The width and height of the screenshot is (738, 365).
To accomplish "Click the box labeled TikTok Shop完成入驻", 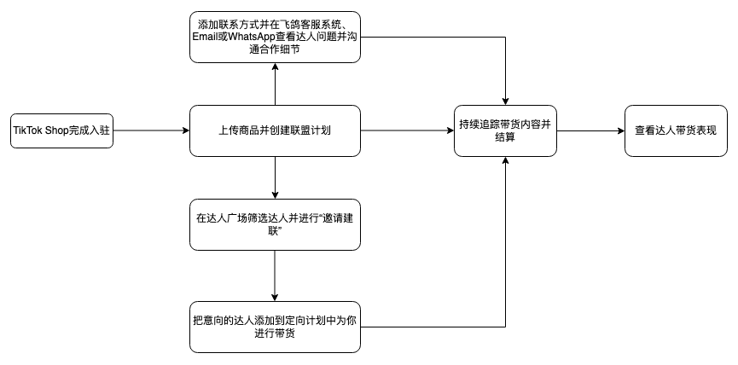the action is pyautogui.click(x=61, y=130).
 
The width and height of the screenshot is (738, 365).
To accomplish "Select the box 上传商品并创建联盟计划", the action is pyautogui.click(x=275, y=130).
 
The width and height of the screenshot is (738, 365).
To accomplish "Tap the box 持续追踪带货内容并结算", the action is pyautogui.click(x=505, y=130).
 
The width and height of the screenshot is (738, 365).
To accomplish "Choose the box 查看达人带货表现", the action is pyautogui.click(x=676, y=130).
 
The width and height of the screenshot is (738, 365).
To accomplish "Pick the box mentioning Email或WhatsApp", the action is pyautogui.click(x=275, y=38).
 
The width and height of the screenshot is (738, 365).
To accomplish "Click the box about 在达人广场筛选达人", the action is pyautogui.click(x=275, y=224).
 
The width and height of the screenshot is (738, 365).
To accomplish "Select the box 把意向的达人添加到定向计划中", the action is pyautogui.click(x=275, y=327).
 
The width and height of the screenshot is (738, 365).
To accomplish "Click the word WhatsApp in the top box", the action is pyautogui.click(x=252, y=38).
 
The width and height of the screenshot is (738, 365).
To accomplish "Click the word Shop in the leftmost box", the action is pyautogui.click(x=57, y=130).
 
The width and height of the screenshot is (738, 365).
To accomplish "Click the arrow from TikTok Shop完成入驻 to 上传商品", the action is pyautogui.click(x=152, y=130).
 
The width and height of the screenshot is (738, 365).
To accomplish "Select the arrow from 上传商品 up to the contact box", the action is pyautogui.click(x=275, y=84).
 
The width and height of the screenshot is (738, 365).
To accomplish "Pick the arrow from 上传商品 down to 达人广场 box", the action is pyautogui.click(x=275, y=177).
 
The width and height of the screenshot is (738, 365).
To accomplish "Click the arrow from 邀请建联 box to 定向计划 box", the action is pyautogui.click(x=275, y=276).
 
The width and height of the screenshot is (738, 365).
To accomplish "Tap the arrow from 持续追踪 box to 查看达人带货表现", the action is pyautogui.click(x=590, y=130).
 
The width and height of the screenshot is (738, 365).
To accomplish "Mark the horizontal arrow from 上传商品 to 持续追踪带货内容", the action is pyautogui.click(x=408, y=130).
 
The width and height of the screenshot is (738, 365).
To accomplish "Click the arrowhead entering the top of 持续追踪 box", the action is pyautogui.click(x=505, y=101).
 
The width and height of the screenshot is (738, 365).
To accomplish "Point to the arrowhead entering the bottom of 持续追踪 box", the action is pyautogui.click(x=505, y=160).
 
